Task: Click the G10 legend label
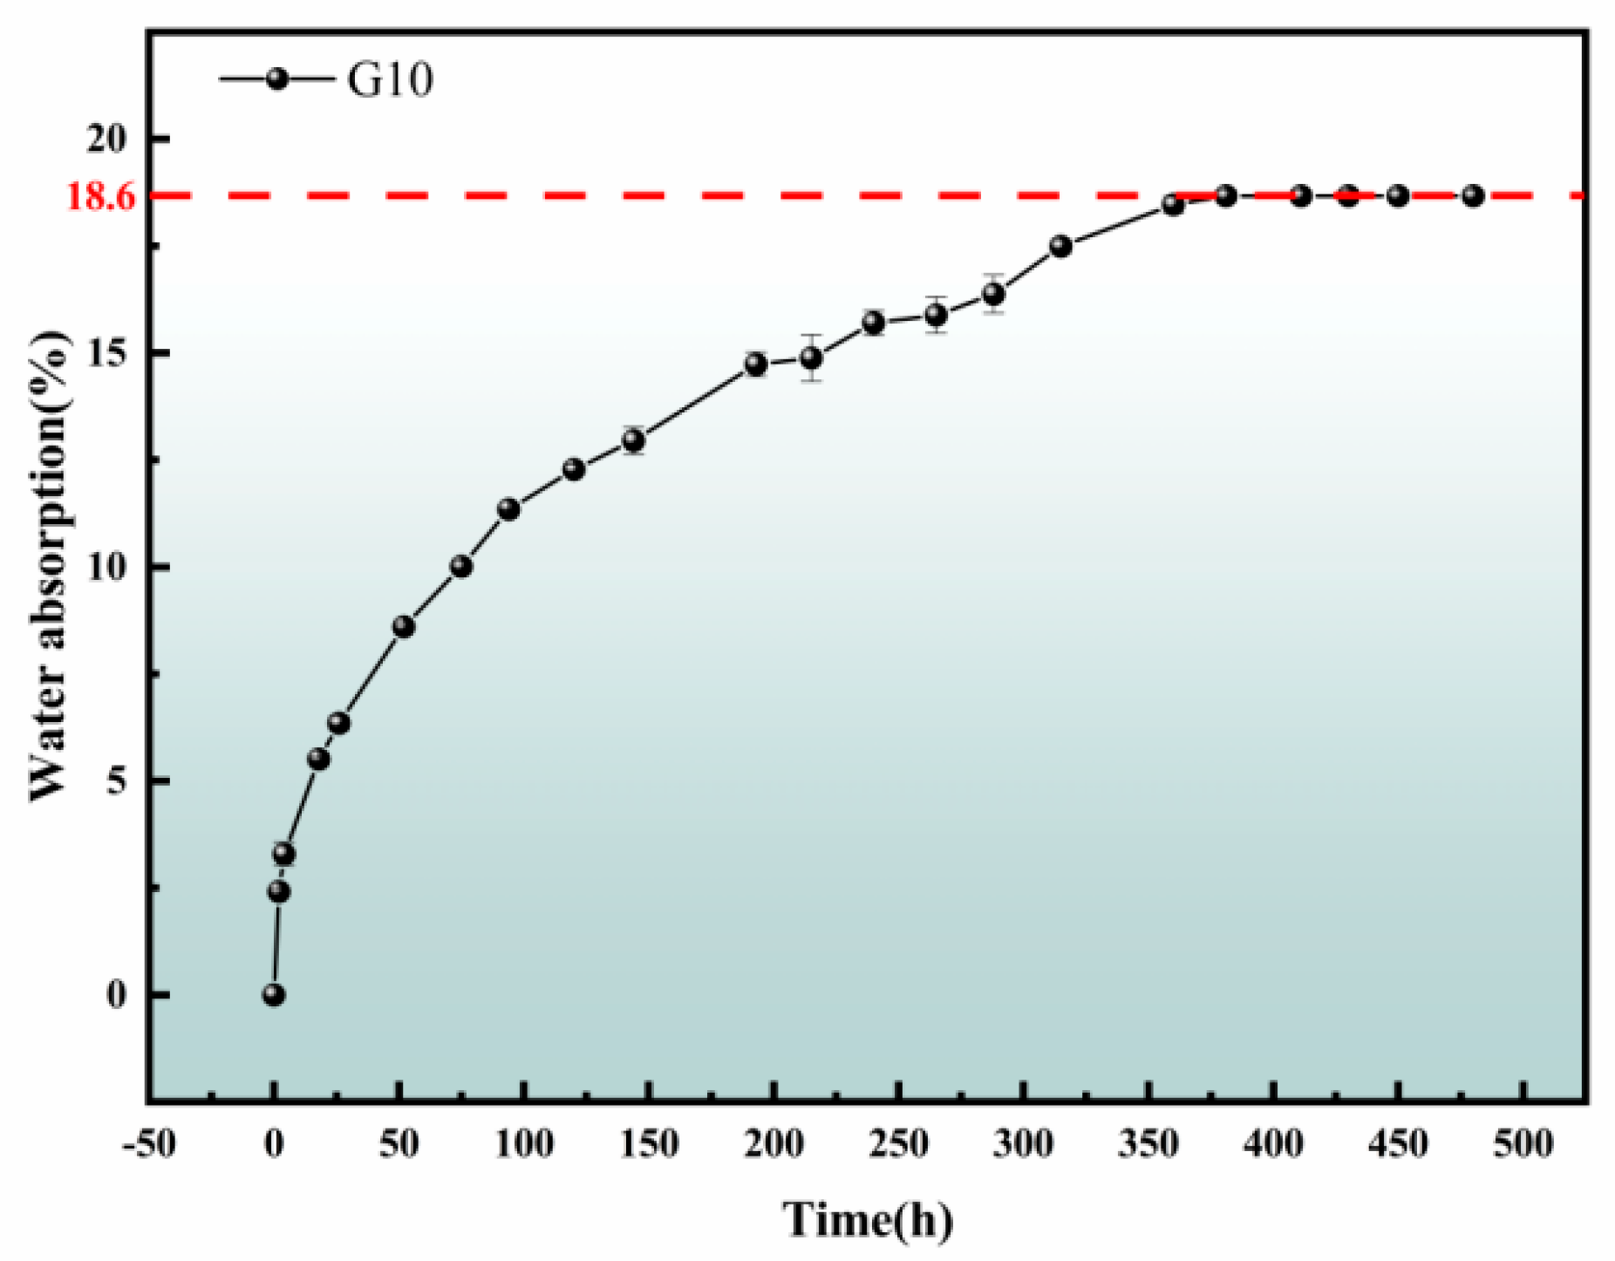click(390, 80)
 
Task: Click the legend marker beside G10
click(277, 79)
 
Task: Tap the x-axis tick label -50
click(150, 1143)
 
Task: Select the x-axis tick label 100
click(524, 1143)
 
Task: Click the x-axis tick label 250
click(899, 1143)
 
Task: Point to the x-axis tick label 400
click(1274, 1143)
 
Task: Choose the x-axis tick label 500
click(1523, 1143)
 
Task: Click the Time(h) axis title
click(867, 1219)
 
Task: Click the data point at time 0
click(274, 995)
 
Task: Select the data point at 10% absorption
click(461, 567)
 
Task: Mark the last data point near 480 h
click(1473, 195)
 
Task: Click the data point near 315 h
click(1060, 246)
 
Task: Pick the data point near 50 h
click(403, 626)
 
